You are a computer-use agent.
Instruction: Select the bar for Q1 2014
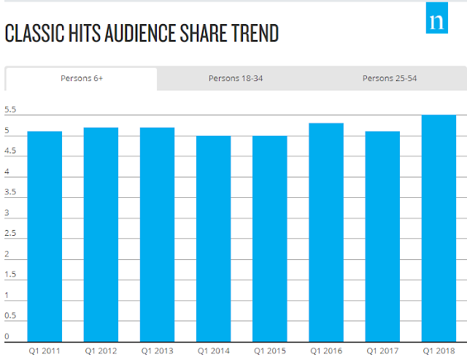coord(213,238)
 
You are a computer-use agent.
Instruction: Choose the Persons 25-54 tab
coord(390,78)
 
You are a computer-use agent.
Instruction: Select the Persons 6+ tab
coord(82,78)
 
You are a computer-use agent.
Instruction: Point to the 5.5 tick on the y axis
coord(10,110)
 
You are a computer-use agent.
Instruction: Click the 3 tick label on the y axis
coord(7,213)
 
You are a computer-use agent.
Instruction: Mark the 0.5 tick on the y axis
coord(10,316)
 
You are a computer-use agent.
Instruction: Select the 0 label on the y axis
coord(7,337)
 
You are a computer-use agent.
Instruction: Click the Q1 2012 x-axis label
coord(101,351)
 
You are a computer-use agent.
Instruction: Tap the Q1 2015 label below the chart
coord(269,351)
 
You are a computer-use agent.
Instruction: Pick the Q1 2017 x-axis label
coord(382,351)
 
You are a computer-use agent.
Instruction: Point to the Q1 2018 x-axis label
coord(439,351)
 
